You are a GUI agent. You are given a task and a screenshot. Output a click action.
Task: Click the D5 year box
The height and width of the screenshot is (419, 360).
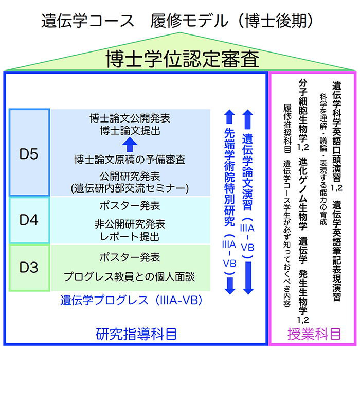pyautogui.click(x=29, y=153)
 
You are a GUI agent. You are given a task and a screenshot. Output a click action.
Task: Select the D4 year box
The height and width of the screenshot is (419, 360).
pyautogui.click(x=29, y=220)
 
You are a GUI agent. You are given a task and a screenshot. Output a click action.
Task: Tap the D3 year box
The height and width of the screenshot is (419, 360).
pyautogui.click(x=29, y=268)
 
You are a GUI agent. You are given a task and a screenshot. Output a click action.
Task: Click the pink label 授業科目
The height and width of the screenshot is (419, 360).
pyautogui.click(x=314, y=334)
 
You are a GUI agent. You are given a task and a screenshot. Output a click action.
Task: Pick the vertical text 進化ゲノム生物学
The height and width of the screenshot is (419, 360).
pyautogui.click(x=303, y=190)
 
